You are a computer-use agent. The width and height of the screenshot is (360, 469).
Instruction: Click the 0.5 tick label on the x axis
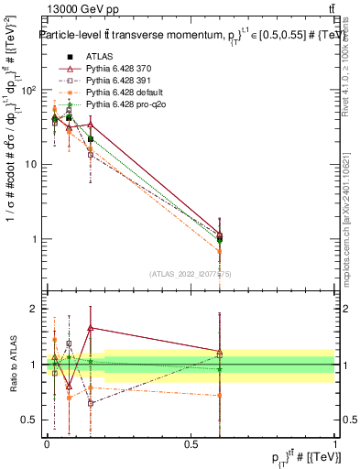pos(191,443)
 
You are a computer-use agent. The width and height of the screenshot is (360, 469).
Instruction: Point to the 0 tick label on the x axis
pos(47,443)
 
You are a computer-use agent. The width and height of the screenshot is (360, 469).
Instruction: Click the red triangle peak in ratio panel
pos(91,327)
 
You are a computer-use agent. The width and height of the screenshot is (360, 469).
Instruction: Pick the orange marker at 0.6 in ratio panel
pos(219,396)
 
